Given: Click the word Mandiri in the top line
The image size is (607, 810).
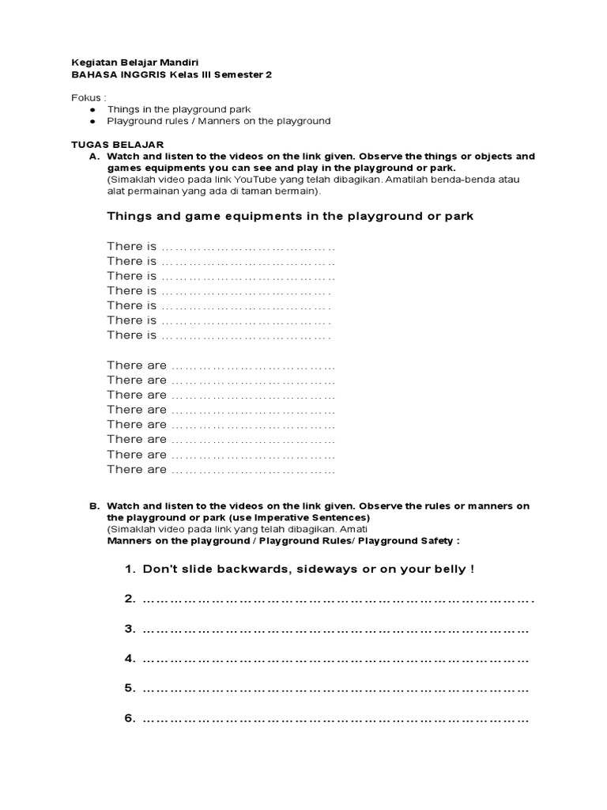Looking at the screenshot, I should [x=178, y=62].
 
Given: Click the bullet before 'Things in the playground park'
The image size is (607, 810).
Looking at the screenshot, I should [x=92, y=109].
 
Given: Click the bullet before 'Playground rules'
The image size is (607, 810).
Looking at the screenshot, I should [x=92, y=121].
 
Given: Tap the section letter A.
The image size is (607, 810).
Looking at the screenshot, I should [x=94, y=157].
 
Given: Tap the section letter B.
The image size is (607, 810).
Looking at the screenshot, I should [x=94, y=506].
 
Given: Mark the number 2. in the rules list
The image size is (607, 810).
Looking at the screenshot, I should [x=130, y=600].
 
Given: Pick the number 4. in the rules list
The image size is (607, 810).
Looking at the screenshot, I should [x=130, y=659].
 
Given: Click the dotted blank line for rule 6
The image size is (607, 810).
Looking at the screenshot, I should [x=336, y=720].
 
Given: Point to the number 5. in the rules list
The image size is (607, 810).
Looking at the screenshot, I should [x=130, y=688].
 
